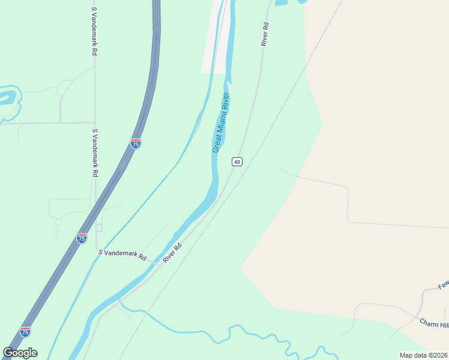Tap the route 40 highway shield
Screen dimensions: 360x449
pos(238,162)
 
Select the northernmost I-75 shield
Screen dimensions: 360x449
pos(136,144)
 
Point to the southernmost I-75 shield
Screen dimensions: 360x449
pos(25,331)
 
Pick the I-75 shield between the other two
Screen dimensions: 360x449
pos(82,238)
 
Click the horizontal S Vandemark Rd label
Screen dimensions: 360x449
pos(122,255)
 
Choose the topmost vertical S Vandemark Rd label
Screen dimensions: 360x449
pos(94,31)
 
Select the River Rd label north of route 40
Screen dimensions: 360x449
pos(265,34)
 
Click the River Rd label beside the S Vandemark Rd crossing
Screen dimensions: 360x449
pos(172,251)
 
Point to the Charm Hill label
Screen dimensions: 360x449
pos(434,324)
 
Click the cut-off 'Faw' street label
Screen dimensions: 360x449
pos(443,284)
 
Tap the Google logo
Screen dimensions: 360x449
pos(20,353)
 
